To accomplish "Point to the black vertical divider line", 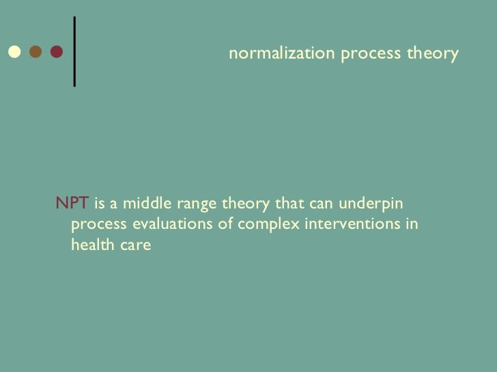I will pos(74,51).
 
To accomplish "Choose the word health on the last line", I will pos(91,247).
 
